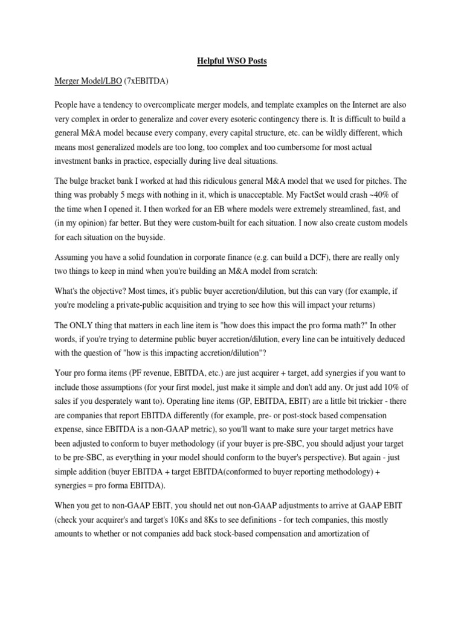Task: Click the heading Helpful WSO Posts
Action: click(x=232, y=61)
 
